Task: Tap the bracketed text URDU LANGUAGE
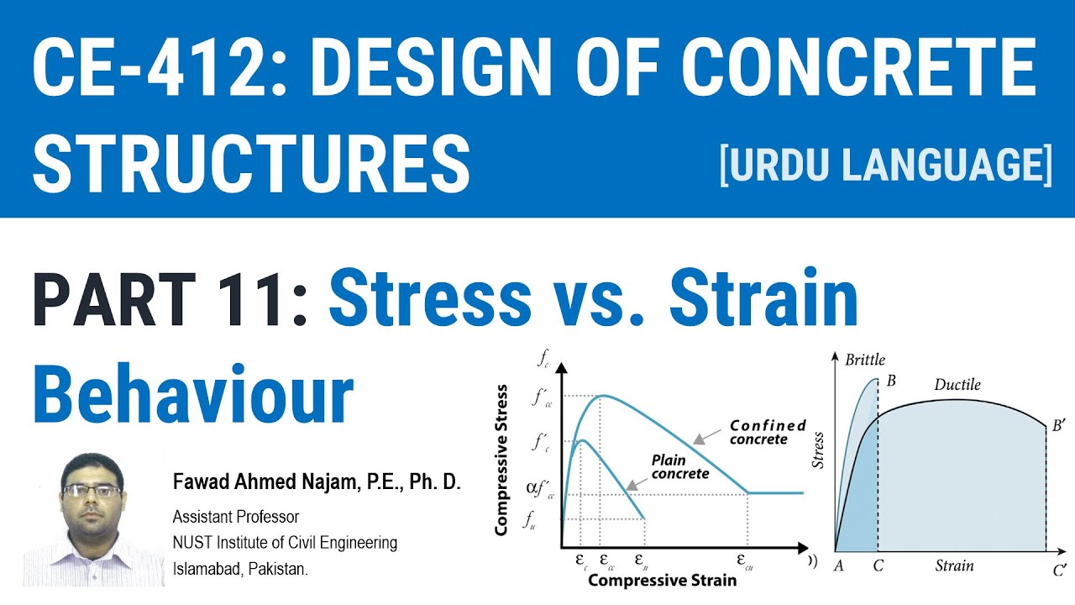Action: pyautogui.click(x=886, y=165)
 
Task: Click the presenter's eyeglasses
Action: pyautogui.click(x=92, y=490)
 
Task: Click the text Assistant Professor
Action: pyautogui.click(x=236, y=516)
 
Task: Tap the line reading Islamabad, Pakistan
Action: pyautogui.click(x=240, y=569)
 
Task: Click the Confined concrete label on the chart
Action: pyautogui.click(x=767, y=432)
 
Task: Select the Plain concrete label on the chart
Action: pyautogui.click(x=679, y=466)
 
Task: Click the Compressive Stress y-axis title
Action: pyautogui.click(x=501, y=460)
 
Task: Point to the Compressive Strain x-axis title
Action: pyautogui.click(x=662, y=580)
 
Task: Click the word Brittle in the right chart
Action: pyautogui.click(x=865, y=360)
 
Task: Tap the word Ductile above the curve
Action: pyautogui.click(x=957, y=385)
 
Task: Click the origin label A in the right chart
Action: pyautogui.click(x=838, y=566)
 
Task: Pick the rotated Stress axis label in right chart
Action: pyautogui.click(x=819, y=450)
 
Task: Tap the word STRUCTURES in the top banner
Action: pyautogui.click(x=251, y=165)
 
